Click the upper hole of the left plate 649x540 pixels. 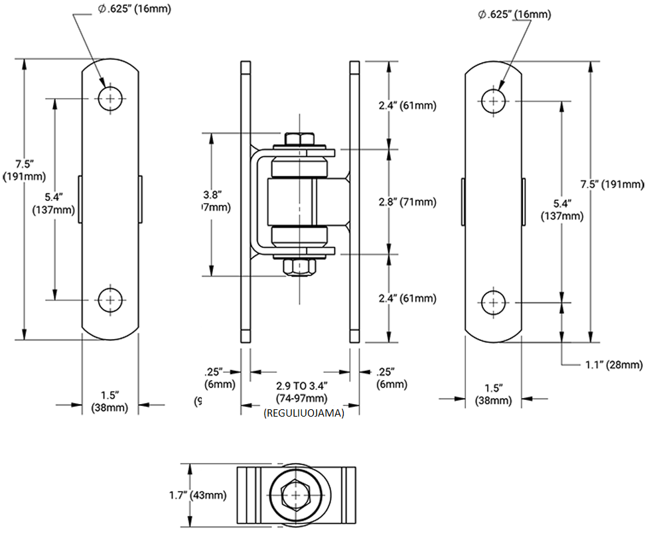coord(110,98)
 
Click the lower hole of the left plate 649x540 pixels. coord(110,299)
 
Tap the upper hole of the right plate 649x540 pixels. coord(492,101)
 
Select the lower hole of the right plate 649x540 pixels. coord(492,303)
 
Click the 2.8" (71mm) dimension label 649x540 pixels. coord(411,202)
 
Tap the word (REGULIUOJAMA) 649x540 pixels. coord(303,413)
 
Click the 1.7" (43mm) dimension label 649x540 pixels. coord(198,494)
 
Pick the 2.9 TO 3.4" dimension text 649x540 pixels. coord(302,385)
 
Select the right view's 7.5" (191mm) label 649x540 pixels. coord(611,184)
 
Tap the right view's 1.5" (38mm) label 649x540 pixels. coord(492,394)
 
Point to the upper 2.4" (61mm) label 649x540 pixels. coord(411,105)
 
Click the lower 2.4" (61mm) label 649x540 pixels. coord(411,299)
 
